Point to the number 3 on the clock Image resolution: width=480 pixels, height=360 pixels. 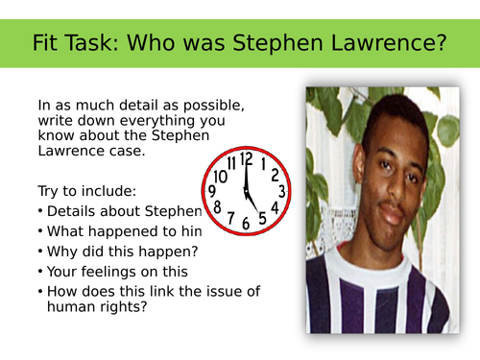tap(279, 190)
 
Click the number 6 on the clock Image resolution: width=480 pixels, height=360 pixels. tap(246, 223)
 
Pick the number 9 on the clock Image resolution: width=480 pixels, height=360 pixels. tap(213, 192)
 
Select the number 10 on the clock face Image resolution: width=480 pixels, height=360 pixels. tap(221, 176)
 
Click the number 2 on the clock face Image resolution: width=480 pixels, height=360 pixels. tap(275, 175)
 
